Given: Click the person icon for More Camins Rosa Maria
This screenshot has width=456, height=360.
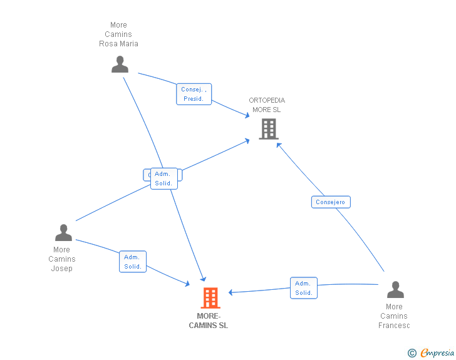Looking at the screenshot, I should click(x=120, y=64).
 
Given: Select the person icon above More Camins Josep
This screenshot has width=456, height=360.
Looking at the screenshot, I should click(x=63, y=233).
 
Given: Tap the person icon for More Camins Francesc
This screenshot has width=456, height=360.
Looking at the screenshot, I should click(x=395, y=290).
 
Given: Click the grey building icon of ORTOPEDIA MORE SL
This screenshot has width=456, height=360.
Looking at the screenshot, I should click(x=268, y=129).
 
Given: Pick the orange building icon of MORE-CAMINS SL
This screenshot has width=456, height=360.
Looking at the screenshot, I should click(x=210, y=298).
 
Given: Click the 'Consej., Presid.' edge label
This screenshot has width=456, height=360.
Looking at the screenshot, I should click(x=194, y=94).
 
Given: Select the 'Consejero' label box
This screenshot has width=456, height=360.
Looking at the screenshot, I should click(x=331, y=202).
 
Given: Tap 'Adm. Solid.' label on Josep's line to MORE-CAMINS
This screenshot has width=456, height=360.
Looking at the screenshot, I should click(x=133, y=262).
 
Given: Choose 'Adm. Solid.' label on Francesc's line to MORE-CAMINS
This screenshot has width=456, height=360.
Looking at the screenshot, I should click(x=304, y=288).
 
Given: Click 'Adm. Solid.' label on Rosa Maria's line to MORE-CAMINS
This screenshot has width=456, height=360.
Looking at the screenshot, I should click(x=164, y=178).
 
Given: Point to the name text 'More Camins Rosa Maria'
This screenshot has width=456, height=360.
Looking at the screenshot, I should click(x=118, y=34).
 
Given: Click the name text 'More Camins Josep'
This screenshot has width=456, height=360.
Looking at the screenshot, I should click(x=61, y=259).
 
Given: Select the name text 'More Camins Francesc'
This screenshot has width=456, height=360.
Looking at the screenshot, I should click(x=394, y=316).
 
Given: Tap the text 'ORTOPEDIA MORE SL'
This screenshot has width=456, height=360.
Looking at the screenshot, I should click(x=267, y=105).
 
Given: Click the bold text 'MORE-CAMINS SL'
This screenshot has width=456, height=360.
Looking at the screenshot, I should click(x=209, y=321).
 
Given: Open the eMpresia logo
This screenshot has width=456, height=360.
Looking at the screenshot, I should click(x=437, y=353).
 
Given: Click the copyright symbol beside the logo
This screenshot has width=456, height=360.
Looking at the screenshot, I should click(x=412, y=354).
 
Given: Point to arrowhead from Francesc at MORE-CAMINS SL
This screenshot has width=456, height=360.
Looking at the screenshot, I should click(x=231, y=292).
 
